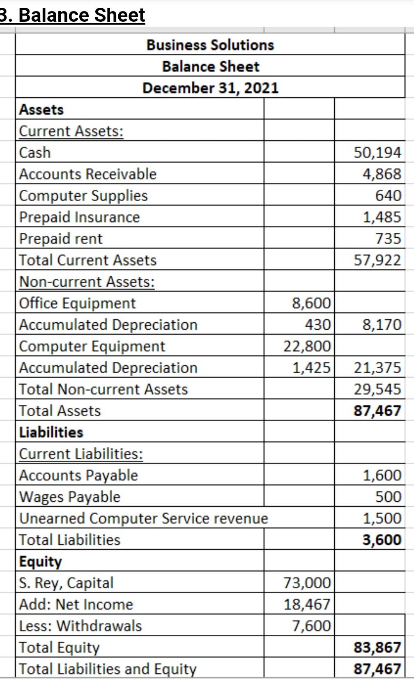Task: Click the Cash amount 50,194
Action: coord(377,152)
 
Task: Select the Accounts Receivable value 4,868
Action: coord(382,174)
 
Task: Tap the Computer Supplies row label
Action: coord(83,195)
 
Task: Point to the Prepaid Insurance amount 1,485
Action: coord(382,217)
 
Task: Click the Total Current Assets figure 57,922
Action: coord(377,260)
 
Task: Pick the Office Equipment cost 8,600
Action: coord(311,303)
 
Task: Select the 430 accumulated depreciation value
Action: coord(317,325)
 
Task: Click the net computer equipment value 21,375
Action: coord(377,367)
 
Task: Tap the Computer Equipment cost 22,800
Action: coord(307,346)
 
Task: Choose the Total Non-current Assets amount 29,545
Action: coord(377,389)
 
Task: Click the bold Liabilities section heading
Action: coord(51,432)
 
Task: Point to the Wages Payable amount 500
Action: coord(388,497)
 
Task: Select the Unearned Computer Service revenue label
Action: coord(143,518)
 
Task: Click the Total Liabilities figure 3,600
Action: coord(382,539)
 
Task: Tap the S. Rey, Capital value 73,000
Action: coord(307,583)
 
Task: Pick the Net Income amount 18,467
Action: coord(307,604)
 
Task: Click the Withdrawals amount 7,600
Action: coord(311,626)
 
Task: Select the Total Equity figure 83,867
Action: coord(377,647)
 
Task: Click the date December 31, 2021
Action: coord(210,88)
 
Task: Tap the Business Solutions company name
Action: coord(210,45)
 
